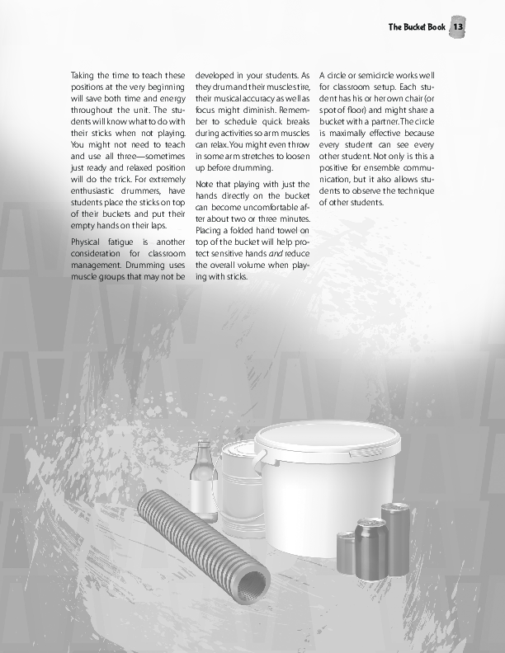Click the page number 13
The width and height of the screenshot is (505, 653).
(459, 27)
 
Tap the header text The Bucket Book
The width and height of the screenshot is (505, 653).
(417, 27)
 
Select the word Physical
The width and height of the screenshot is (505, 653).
(89, 242)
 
